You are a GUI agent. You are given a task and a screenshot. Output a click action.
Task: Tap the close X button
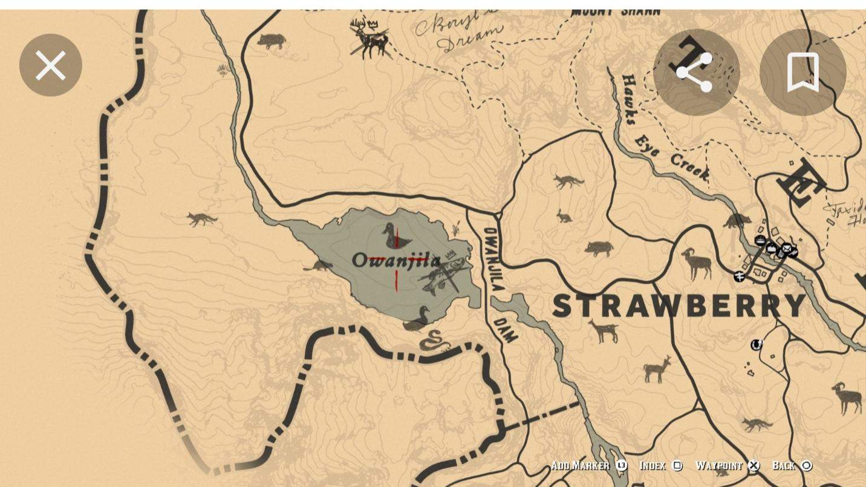point(50,65)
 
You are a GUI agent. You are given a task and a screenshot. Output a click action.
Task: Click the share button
point(696,73)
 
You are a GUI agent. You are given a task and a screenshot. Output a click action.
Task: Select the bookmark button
point(803,73)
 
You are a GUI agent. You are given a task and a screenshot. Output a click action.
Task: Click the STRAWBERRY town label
point(679,306)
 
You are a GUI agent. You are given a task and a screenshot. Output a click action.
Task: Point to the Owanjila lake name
point(396,261)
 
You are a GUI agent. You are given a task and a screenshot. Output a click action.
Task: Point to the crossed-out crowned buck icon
point(370,39)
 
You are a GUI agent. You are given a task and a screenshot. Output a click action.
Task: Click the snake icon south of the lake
point(435,342)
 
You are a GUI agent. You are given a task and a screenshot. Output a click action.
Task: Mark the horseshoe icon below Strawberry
point(756,345)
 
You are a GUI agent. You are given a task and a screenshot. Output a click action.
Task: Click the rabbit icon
point(564,216)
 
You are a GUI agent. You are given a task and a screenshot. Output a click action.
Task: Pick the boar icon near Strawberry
point(598,248)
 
